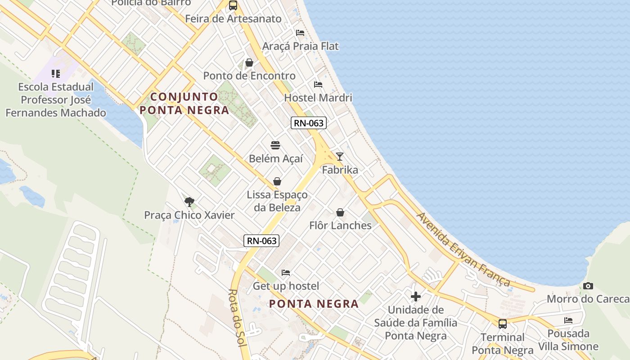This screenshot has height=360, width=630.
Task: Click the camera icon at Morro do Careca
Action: [588, 286]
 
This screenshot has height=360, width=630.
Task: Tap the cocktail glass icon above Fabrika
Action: [340, 156]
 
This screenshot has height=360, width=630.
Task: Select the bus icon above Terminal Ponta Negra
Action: [502, 324]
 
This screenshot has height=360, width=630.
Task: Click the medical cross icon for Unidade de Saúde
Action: [415, 297]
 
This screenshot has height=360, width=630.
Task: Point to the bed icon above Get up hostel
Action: [286, 273]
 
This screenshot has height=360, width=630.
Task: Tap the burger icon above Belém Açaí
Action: [275, 145]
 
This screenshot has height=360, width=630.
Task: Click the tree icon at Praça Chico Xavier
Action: [189, 202]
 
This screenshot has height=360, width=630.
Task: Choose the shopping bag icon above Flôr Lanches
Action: [340, 212]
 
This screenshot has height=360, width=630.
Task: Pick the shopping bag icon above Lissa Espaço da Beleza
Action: [277, 181]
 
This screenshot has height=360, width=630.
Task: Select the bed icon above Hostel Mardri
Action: [318, 85]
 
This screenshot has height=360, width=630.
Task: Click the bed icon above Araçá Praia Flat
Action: [300, 33]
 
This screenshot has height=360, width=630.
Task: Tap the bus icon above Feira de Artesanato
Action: [233, 5]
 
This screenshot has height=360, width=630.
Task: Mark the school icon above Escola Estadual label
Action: [56, 73]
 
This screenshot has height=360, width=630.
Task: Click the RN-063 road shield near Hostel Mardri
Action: [308, 123]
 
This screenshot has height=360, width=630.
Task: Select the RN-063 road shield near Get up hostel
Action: [261, 241]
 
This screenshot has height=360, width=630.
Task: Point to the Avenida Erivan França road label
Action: [463, 249]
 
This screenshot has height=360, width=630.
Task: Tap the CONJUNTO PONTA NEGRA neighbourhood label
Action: [184, 103]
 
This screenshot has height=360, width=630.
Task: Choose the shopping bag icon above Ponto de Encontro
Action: [249, 63]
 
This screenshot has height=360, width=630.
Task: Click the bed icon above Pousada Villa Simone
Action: [568, 320]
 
